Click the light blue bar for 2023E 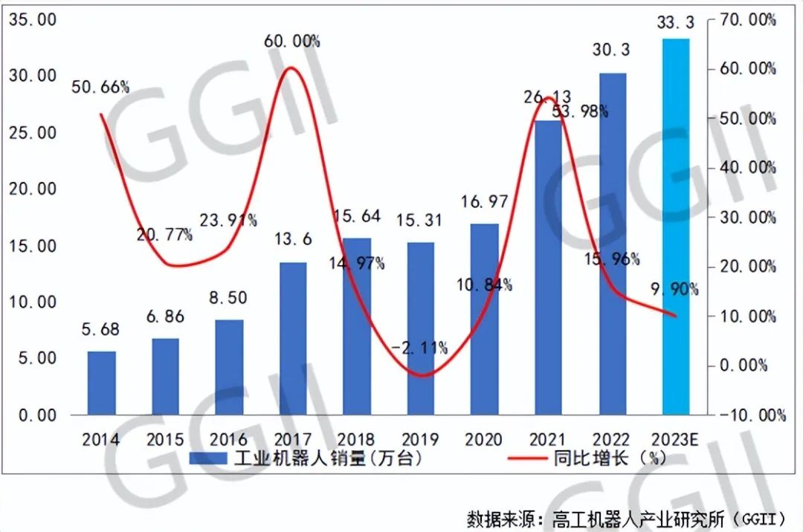coord(675,227)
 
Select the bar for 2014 coord(101,383)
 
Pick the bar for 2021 coord(549,267)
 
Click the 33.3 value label coord(675,25)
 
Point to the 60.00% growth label coord(292,42)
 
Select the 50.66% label coord(100,87)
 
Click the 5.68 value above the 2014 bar coord(101,329)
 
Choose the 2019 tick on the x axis coord(420,439)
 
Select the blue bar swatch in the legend coord(207,459)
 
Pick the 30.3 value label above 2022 coord(612,50)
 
